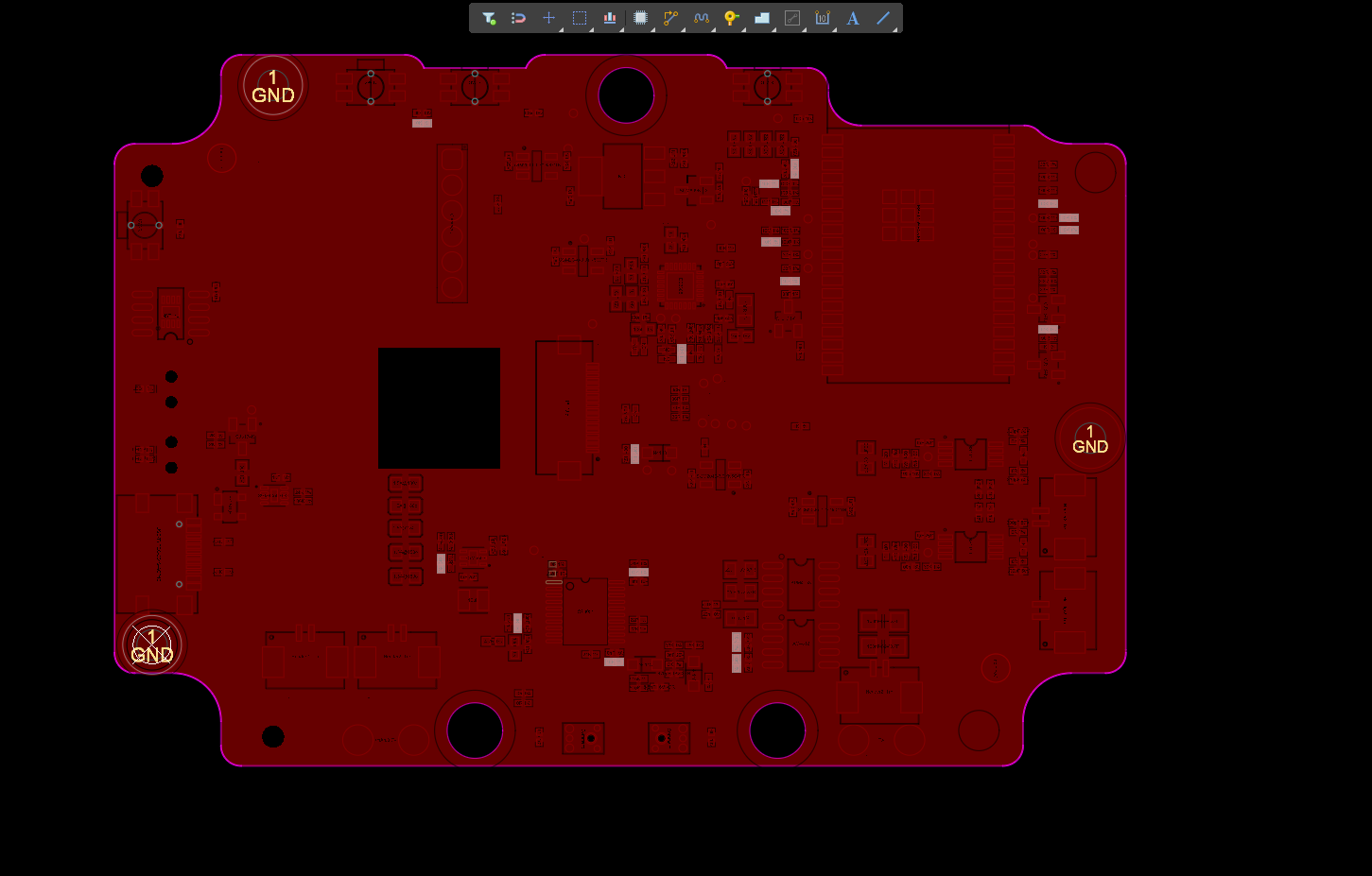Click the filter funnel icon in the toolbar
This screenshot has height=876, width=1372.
[x=489, y=18]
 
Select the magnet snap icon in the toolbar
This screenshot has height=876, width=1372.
[x=518, y=18]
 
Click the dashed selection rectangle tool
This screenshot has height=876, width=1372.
[x=580, y=18]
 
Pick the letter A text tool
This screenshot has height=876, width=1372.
[x=853, y=18]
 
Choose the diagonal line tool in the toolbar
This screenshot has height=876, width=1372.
[x=883, y=18]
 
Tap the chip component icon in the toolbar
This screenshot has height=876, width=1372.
[x=640, y=18]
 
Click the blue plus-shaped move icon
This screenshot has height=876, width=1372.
[x=548, y=18]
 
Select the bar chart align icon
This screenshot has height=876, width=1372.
[x=610, y=18]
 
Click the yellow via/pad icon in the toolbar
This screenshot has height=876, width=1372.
[x=731, y=18]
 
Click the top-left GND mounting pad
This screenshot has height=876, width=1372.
[x=273, y=87]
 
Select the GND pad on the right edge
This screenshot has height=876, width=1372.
[x=1090, y=438]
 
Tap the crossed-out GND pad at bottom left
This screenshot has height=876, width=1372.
[x=152, y=645]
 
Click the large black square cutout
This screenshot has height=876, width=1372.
[x=439, y=408]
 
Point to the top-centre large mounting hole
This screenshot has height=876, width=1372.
[x=626, y=95]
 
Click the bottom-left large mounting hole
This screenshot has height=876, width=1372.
[x=475, y=730]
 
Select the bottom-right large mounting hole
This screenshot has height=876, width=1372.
[x=777, y=730]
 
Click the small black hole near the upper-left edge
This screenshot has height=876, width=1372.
[x=152, y=176]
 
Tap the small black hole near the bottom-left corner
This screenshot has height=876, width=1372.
[x=273, y=736]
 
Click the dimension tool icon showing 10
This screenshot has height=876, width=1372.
[x=823, y=18]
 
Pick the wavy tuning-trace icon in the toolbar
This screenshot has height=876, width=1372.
[x=701, y=18]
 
